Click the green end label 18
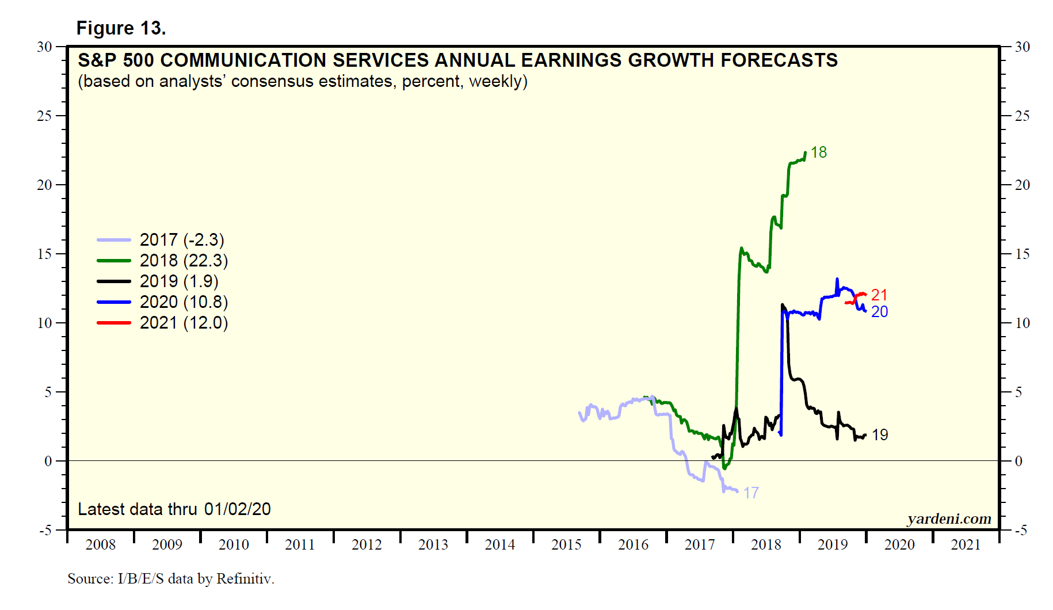pyautogui.click(x=818, y=152)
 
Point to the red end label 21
pyautogui.click(x=879, y=295)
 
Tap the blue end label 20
pyautogui.click(x=879, y=312)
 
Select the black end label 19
pyautogui.click(x=879, y=435)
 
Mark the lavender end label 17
pyautogui.click(x=750, y=493)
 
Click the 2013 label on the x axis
pyautogui.click(x=433, y=544)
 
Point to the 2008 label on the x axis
pyautogui.click(x=100, y=544)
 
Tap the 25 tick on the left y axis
pyautogui.click(x=44, y=116)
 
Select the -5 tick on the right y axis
pyautogui.click(x=1020, y=531)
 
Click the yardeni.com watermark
pyautogui.click(x=949, y=519)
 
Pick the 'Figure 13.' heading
pyautogui.click(x=121, y=28)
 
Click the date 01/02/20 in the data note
pyautogui.click(x=237, y=509)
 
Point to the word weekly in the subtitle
pyautogui.click(x=495, y=82)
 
